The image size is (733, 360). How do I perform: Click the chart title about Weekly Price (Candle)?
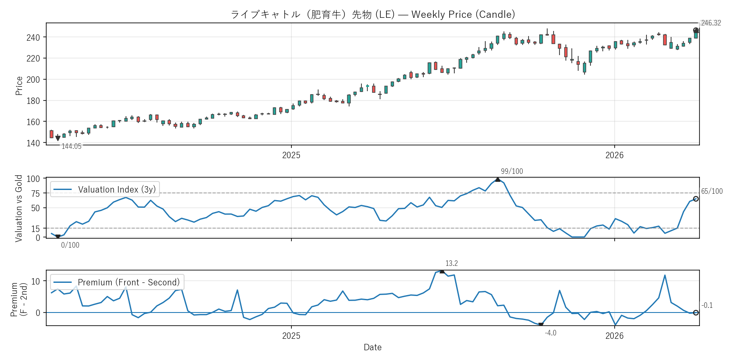(x=372, y=14)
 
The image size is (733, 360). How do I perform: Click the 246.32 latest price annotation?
(x=711, y=23)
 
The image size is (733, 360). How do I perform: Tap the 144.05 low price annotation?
(x=71, y=146)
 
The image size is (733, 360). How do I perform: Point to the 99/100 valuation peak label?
(x=512, y=171)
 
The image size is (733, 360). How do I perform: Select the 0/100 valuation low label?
(x=70, y=245)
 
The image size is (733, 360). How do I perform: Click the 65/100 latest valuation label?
(x=711, y=191)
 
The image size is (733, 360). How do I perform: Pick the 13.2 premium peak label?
(x=451, y=263)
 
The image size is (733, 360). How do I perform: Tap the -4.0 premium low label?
(x=550, y=333)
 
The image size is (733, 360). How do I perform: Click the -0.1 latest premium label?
(x=707, y=305)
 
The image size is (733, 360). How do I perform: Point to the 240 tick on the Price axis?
(x=33, y=38)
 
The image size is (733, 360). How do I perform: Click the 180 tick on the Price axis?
(x=33, y=101)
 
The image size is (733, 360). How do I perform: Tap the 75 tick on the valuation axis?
(x=35, y=193)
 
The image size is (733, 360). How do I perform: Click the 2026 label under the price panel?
(x=614, y=155)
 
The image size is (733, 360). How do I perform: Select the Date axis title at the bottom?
(x=372, y=347)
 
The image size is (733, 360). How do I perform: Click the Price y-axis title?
(x=19, y=86)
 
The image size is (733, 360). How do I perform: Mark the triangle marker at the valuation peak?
(x=498, y=179)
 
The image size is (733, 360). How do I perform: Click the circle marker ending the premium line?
(x=696, y=313)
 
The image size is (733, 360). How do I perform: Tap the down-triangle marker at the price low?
(x=58, y=139)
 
